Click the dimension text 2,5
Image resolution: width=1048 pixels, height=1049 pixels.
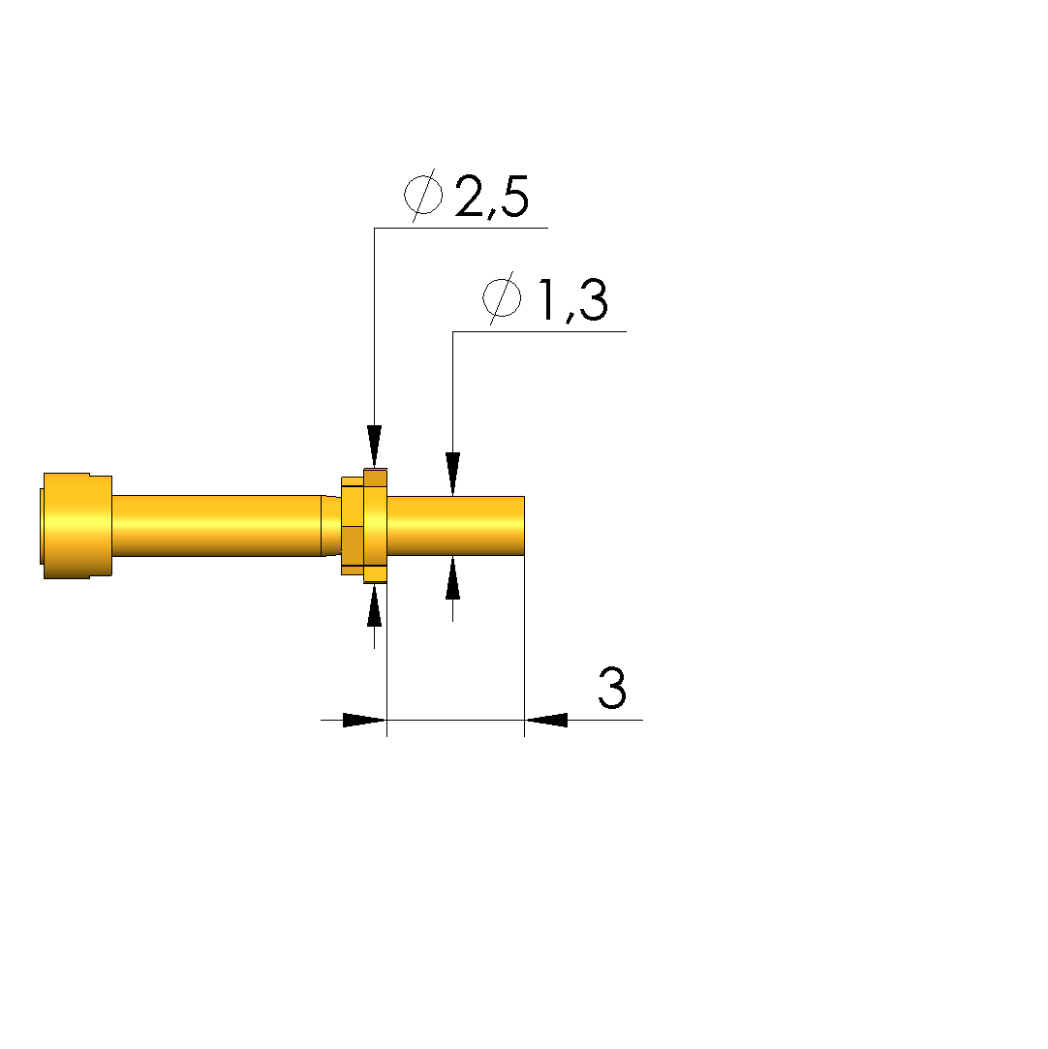point(492,197)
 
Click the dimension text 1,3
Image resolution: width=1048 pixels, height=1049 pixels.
point(573,300)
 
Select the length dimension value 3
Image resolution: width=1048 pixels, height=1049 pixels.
point(612,688)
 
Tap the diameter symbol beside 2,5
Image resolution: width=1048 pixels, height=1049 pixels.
point(423,196)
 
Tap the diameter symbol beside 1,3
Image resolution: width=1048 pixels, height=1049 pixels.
point(503,297)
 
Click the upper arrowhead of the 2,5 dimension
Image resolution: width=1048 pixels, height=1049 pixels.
point(375,447)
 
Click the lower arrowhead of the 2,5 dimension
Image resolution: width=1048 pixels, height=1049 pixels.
point(375,605)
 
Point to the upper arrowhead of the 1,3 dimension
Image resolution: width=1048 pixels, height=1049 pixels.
point(452,474)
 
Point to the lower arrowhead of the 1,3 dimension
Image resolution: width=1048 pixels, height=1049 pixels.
point(452,577)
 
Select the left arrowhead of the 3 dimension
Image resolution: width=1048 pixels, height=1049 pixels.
point(364,720)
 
